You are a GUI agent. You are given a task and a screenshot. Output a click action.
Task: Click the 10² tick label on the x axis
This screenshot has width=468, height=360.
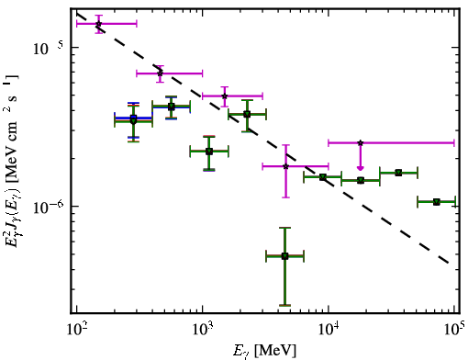(x=77, y=330)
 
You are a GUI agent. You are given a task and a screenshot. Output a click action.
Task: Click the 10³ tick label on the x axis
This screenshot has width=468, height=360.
(x=203, y=330)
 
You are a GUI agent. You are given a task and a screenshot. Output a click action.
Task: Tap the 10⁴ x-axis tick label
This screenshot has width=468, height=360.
(x=329, y=330)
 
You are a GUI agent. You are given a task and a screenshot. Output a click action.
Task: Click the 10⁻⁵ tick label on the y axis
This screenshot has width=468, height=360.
(x=49, y=47)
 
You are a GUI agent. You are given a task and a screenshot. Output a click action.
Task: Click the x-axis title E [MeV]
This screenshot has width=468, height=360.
(x=264, y=351)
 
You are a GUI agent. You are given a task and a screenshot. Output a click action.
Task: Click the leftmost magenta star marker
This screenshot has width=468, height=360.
(x=98, y=24)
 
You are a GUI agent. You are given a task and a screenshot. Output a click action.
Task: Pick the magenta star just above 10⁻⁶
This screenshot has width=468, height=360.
(x=285, y=166)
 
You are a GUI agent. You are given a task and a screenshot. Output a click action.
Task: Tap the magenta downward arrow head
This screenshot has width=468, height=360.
(x=361, y=167)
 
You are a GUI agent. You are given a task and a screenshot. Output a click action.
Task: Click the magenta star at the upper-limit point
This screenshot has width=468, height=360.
(x=361, y=142)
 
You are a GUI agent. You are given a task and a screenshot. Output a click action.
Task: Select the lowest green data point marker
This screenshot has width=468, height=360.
(x=284, y=256)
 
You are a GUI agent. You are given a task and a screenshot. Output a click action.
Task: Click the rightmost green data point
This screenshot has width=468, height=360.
(x=437, y=202)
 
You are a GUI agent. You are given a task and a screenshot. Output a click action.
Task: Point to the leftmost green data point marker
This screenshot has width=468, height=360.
(x=133, y=120)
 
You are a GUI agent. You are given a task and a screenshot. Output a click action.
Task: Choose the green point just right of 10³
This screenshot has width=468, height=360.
(x=209, y=152)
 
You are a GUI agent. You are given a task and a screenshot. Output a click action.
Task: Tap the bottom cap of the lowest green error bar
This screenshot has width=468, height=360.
(x=284, y=305)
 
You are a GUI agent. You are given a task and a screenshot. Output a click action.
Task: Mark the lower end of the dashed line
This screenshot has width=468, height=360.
(x=449, y=263)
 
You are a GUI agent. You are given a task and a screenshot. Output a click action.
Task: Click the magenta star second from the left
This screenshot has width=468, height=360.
(x=160, y=73)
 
